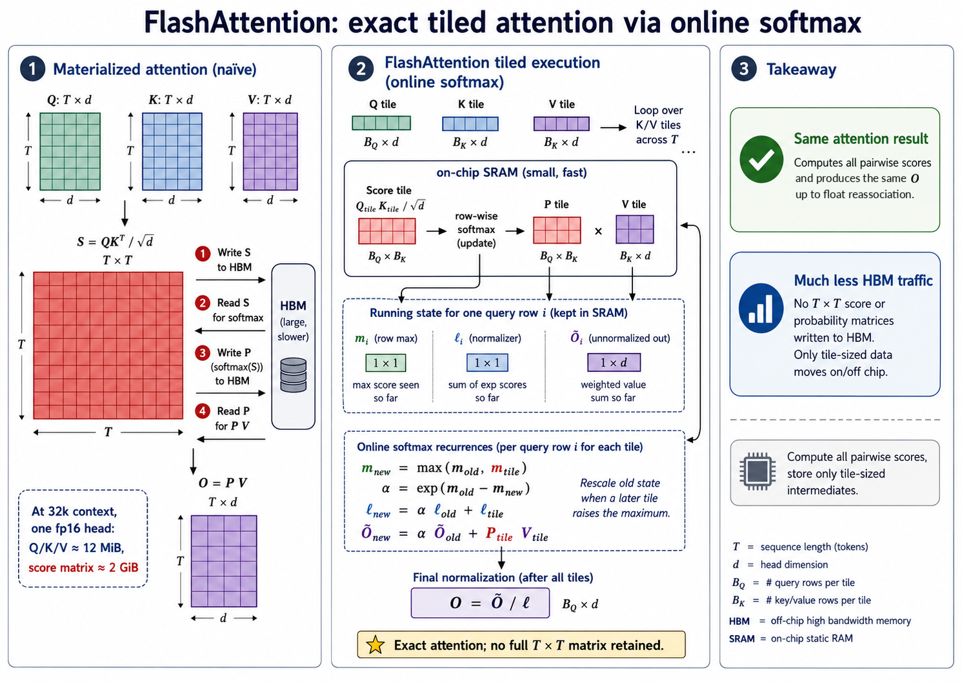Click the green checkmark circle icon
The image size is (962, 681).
761,159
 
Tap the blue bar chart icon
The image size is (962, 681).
761,308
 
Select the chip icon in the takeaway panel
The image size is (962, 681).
757,472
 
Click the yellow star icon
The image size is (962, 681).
376,645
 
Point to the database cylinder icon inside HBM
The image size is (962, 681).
294,375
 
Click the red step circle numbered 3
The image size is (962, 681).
203,353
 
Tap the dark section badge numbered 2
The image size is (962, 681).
361,69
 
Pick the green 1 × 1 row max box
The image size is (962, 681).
385,363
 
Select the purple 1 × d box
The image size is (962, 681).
614,362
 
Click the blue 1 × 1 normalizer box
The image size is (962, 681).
487,362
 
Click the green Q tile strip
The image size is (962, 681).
381,123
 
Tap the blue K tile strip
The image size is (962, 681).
470,124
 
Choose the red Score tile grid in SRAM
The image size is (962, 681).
387,231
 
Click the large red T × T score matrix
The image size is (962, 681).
108,345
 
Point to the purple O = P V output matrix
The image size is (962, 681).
224,561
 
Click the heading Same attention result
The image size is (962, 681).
861,138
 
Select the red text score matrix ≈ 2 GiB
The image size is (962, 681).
83,567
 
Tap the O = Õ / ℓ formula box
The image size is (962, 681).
480,603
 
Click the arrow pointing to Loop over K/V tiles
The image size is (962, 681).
614,127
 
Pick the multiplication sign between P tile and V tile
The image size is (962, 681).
598,231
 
